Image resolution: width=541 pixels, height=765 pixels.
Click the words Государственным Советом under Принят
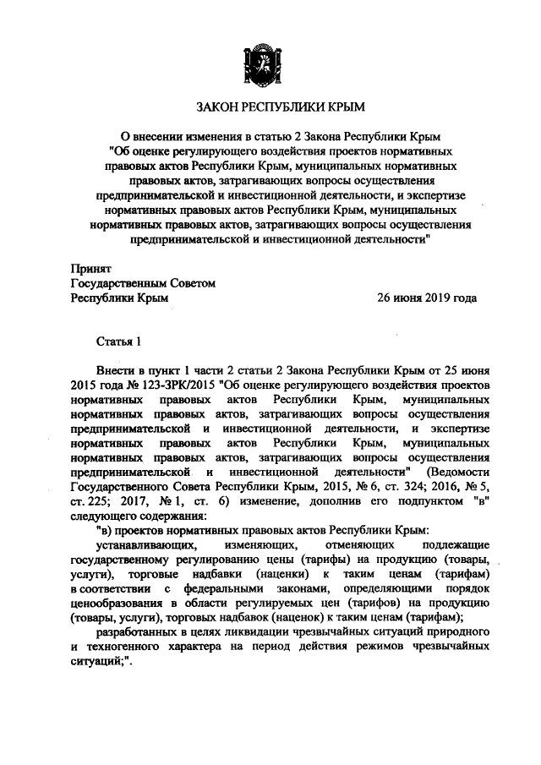click(x=143, y=284)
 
